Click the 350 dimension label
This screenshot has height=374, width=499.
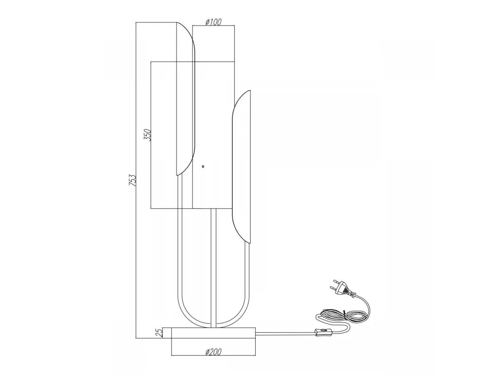click(x=148, y=135)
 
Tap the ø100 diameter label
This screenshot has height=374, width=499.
click(x=213, y=22)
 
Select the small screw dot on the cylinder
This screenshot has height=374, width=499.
click(x=203, y=167)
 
